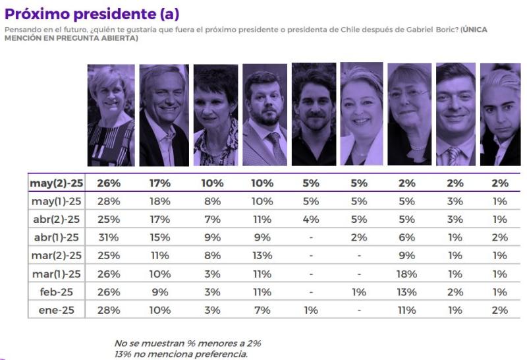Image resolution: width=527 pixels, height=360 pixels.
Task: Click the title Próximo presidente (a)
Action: [92, 14]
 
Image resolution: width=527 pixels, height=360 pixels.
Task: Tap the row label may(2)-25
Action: [57, 183]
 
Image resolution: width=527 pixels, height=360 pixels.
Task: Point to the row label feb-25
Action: [65, 291]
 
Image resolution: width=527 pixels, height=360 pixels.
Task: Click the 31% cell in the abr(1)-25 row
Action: [109, 237]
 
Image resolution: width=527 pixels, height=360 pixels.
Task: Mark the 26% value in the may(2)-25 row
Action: [109, 183]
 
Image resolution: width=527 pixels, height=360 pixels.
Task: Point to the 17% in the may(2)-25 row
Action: [161, 183]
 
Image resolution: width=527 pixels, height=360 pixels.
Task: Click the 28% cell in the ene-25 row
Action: [109, 310]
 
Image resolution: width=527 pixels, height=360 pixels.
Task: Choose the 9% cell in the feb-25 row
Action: [161, 291]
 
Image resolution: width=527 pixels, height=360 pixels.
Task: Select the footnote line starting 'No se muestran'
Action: [188, 344]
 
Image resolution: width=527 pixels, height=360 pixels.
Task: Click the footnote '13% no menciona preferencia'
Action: [181, 354]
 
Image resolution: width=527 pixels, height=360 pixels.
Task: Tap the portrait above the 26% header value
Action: [111, 115]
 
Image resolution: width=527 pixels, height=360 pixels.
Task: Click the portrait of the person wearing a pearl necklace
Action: [409, 115]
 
